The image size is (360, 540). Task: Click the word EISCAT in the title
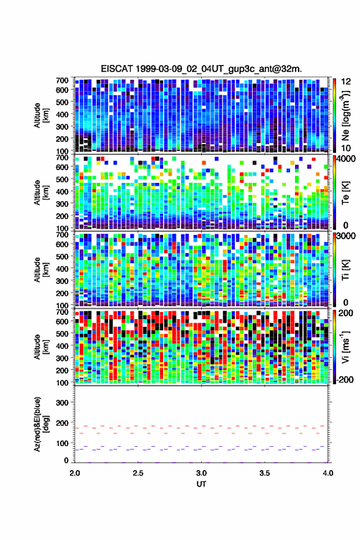(x=117, y=69)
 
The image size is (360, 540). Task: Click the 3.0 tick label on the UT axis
(x=201, y=473)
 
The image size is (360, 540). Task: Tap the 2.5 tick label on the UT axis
(x=138, y=473)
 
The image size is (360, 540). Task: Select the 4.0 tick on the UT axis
(x=328, y=473)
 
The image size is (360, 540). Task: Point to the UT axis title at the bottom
(x=201, y=484)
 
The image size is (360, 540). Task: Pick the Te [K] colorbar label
(x=345, y=193)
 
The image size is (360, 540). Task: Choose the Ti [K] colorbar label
(x=345, y=270)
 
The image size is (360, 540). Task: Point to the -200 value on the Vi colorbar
(x=344, y=379)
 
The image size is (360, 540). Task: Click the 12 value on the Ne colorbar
(x=346, y=82)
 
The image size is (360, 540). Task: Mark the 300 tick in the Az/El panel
(x=62, y=403)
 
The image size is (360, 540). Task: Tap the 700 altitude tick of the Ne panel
(x=62, y=80)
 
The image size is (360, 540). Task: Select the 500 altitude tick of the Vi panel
(x=62, y=333)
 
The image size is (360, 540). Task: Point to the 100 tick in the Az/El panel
(x=62, y=443)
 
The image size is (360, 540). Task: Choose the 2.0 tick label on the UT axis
(x=75, y=473)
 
